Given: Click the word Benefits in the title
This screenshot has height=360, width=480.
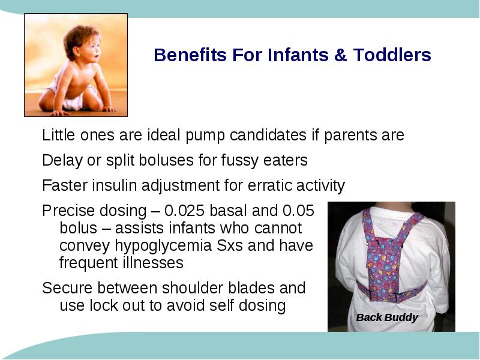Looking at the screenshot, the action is point(190,55).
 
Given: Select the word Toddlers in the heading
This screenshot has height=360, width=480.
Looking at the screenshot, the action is point(392,55).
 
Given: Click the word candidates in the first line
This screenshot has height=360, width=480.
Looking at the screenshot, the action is point(268,134).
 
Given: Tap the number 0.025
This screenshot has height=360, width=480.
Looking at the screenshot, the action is point(184,211).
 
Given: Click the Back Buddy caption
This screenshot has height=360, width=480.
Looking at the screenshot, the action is point(387,317).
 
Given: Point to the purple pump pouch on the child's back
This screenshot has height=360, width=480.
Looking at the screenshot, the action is point(383,269).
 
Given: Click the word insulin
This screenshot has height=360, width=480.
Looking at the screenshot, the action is point(114,185).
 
